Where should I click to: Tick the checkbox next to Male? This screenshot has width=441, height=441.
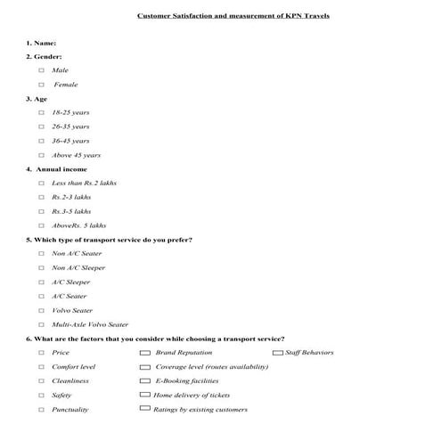(41, 69)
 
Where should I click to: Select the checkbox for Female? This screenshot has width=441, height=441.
(41, 85)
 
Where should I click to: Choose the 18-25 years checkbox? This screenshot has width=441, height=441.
(41, 112)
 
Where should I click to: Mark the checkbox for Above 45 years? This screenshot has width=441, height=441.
(41, 155)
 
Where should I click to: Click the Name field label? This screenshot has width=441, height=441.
(41, 43)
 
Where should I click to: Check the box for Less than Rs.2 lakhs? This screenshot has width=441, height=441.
(41, 183)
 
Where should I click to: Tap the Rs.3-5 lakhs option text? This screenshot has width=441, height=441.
(71, 211)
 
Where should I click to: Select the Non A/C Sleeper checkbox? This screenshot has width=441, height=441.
(41, 267)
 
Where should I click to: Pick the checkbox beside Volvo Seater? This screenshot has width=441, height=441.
(41, 310)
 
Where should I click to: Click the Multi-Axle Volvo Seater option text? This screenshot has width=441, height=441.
(90, 324)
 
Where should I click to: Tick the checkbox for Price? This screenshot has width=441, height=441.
(41, 353)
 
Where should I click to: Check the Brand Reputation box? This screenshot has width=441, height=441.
(145, 353)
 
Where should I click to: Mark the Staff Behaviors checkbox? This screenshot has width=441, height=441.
(277, 353)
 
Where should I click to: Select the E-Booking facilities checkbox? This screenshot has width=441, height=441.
(145, 380)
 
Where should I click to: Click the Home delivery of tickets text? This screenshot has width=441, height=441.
(192, 395)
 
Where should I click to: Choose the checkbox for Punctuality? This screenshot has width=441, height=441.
(41, 409)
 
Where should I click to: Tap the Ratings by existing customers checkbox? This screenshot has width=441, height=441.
(145, 408)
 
